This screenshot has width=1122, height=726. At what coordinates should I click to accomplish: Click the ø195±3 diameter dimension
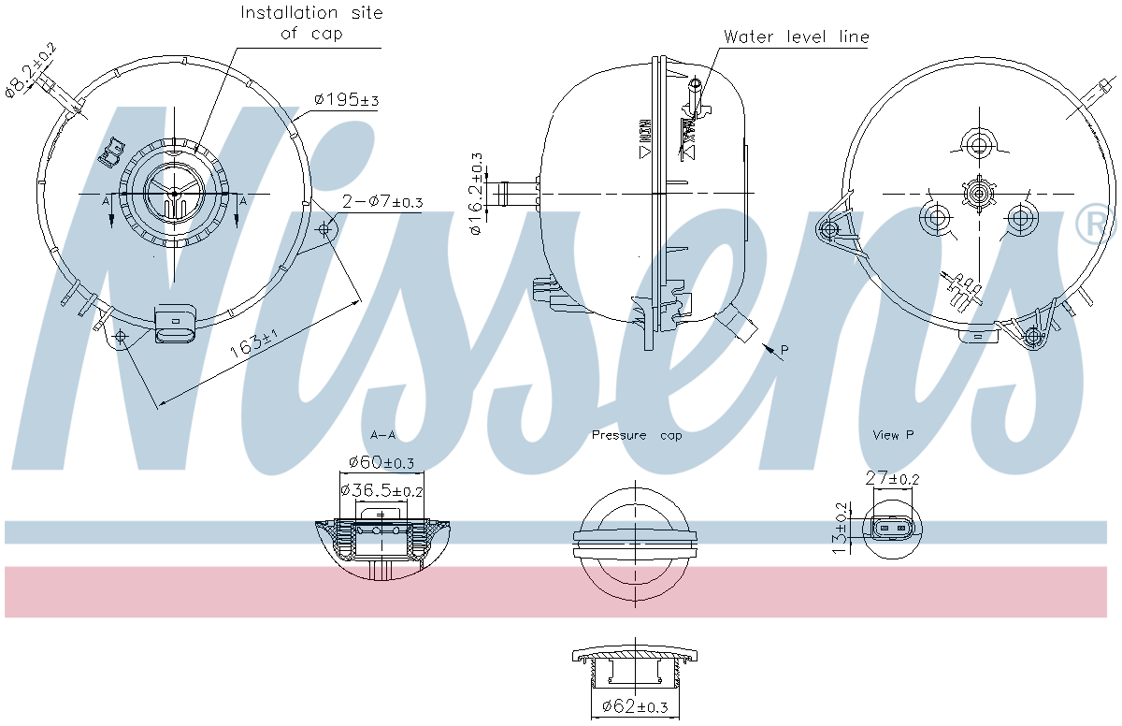pyautogui.click(x=346, y=100)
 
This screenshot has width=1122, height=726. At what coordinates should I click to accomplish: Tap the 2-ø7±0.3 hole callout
pyautogui.click(x=382, y=202)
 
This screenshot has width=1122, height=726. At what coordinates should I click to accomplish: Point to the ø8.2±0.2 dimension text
pyautogui.click(x=30, y=68)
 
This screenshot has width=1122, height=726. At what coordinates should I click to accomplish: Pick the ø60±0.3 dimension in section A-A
pyautogui.click(x=381, y=463)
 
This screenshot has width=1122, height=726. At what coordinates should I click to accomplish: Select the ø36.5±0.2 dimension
pyautogui.click(x=381, y=490)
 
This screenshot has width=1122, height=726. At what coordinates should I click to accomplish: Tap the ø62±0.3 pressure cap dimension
pyautogui.click(x=635, y=707)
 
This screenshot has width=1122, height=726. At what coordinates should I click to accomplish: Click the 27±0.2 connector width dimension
pyautogui.click(x=892, y=478)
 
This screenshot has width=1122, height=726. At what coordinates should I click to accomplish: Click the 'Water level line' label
pyautogui.click(x=797, y=37)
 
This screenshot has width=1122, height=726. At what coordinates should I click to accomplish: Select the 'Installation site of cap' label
pyautogui.click(x=311, y=23)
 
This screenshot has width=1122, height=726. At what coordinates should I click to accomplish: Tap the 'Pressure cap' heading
pyautogui.click(x=637, y=435)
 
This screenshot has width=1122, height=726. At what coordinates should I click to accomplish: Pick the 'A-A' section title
pyautogui.click(x=383, y=435)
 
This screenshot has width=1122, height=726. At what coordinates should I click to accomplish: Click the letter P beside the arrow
pyautogui.click(x=784, y=350)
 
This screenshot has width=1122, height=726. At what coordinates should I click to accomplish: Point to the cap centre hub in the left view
pyautogui.click(x=174, y=194)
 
